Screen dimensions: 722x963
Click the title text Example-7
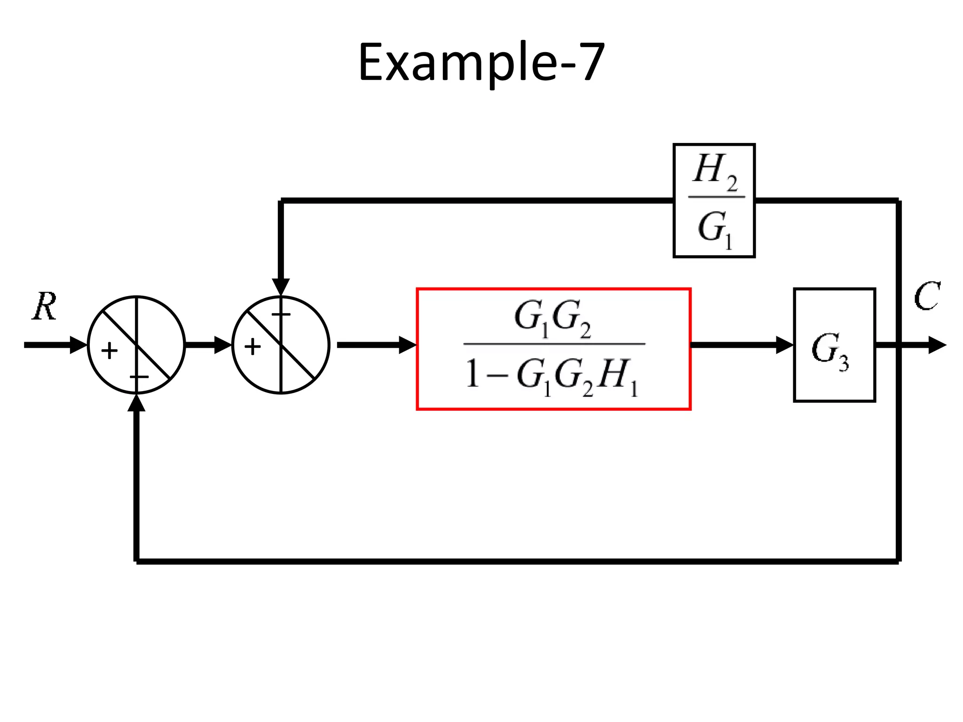(x=481, y=63)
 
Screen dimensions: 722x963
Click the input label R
(x=45, y=306)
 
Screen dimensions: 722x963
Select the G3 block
(x=834, y=345)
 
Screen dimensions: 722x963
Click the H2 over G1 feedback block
(x=714, y=201)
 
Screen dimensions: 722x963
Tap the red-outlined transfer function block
(x=553, y=349)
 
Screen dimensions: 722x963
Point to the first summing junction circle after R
(x=136, y=345)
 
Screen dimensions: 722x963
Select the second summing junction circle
(x=281, y=345)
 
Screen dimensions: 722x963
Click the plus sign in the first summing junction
(x=110, y=351)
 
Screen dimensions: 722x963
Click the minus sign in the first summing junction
(x=139, y=377)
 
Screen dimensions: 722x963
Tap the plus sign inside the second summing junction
(x=253, y=347)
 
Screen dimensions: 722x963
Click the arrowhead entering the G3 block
(x=784, y=345)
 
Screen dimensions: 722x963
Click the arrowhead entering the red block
(x=407, y=345)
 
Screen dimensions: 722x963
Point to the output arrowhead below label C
(x=937, y=345)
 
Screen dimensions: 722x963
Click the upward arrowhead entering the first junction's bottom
(x=136, y=403)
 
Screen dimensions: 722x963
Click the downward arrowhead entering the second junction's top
(x=281, y=287)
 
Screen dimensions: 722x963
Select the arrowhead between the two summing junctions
(x=223, y=345)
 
